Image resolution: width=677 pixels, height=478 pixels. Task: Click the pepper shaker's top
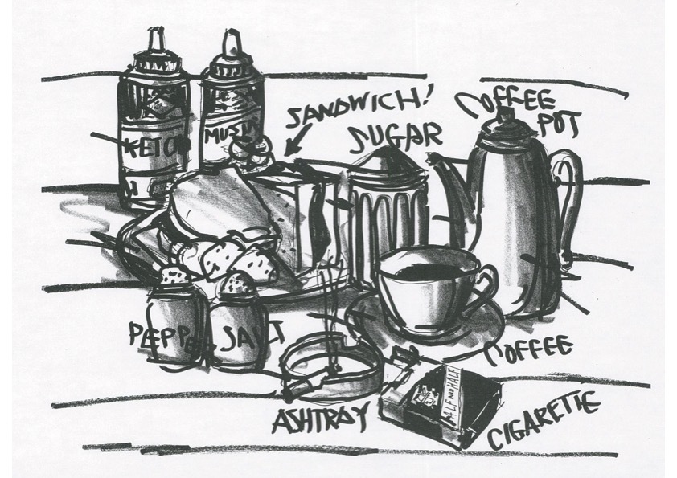coord(173,278)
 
